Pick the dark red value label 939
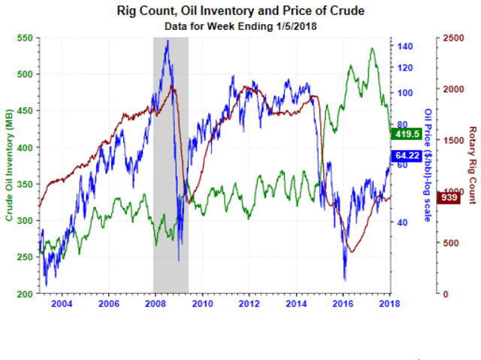tap(449, 198)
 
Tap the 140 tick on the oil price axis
tap(406, 46)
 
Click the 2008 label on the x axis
tap(156, 304)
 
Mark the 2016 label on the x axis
tap(343, 304)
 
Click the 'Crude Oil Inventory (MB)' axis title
tap(10, 166)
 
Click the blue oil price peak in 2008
tap(167, 41)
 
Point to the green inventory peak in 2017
tap(371, 49)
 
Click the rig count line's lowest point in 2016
tap(350, 253)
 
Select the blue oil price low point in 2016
tap(345, 280)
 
